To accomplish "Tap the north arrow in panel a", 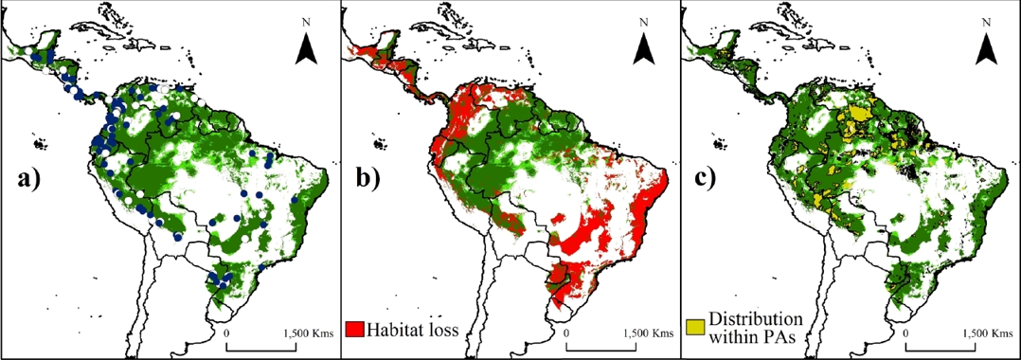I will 306,48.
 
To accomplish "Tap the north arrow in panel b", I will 645,46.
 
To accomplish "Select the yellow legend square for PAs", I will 695,326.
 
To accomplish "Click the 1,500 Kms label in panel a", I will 306,333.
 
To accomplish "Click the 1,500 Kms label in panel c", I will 986,333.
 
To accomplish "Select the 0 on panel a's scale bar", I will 227,333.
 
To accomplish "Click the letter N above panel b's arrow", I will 645,21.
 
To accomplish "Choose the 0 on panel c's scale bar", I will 907,333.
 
